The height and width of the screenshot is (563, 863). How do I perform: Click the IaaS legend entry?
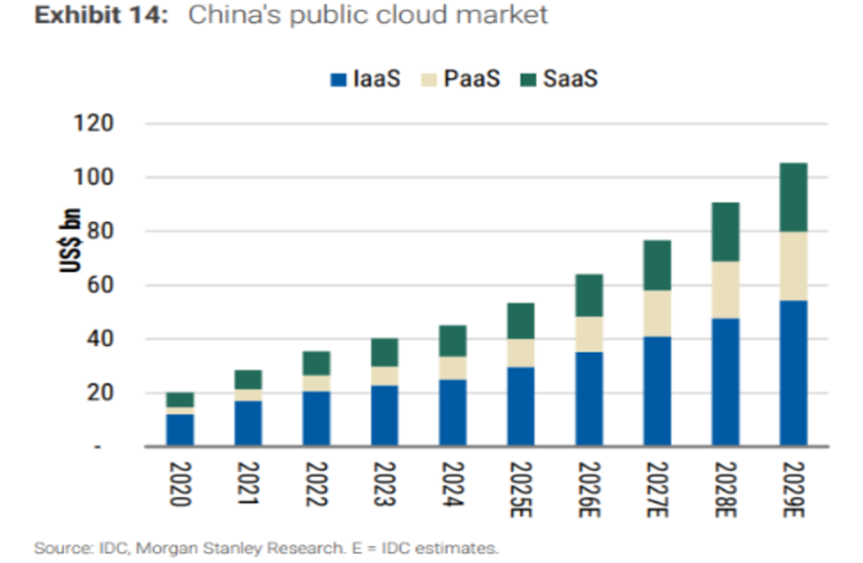[x=364, y=78]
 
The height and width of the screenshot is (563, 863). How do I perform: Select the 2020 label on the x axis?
[x=181, y=483]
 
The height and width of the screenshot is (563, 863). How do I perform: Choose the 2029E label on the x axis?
[x=793, y=488]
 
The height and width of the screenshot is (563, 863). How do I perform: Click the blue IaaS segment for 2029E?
[x=793, y=373]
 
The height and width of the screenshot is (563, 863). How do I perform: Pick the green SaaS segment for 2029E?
[x=793, y=197]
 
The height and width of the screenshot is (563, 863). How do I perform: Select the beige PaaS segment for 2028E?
[x=725, y=290]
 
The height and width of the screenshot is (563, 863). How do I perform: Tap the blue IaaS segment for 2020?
[x=181, y=429]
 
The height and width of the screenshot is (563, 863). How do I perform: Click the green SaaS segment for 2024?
[x=453, y=341]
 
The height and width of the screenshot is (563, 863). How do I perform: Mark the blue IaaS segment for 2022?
[x=317, y=419]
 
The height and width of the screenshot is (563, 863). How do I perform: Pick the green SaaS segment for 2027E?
[x=656, y=265]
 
